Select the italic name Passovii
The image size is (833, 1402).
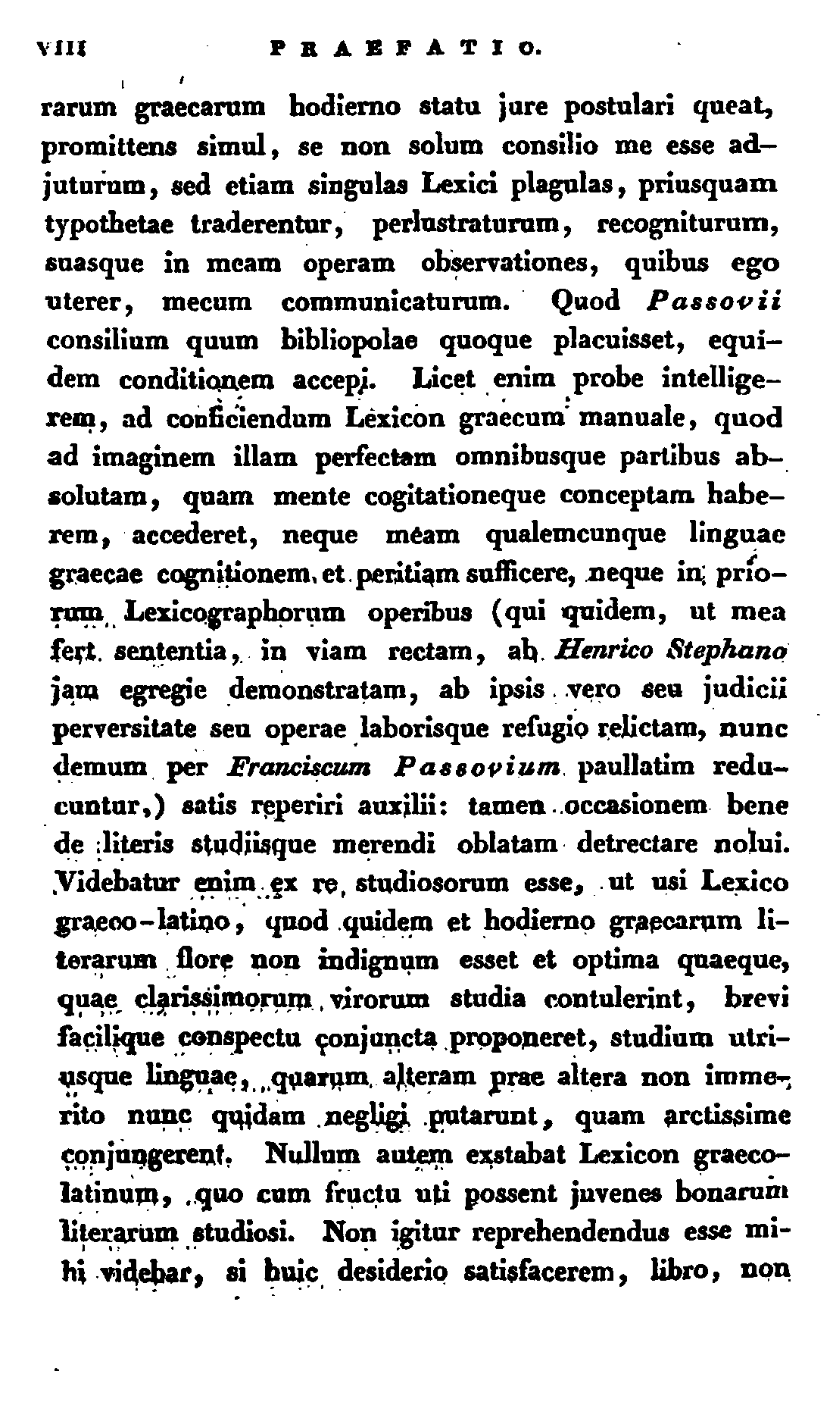(715, 302)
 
